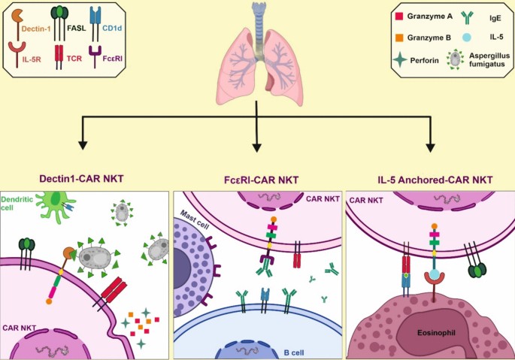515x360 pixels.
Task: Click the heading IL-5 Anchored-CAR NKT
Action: [435, 180]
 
